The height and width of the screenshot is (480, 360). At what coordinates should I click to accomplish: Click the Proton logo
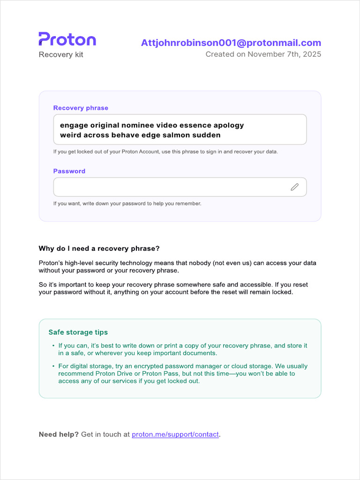pyautogui.click(x=67, y=39)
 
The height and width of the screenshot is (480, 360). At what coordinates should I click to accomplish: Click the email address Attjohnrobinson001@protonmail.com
pyautogui.click(x=231, y=43)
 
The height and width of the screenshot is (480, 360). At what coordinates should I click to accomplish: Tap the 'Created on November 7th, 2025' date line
pyautogui.click(x=263, y=54)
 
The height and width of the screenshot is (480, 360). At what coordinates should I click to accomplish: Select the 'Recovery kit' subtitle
pyautogui.click(x=61, y=54)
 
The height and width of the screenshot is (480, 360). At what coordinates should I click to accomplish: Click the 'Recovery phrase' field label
pyautogui.click(x=81, y=108)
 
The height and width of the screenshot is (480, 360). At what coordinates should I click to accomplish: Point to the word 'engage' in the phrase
pyautogui.click(x=74, y=125)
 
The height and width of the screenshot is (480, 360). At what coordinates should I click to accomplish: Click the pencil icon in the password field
pyautogui.click(x=294, y=187)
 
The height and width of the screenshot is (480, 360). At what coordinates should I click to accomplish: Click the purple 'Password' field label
pyautogui.click(x=69, y=171)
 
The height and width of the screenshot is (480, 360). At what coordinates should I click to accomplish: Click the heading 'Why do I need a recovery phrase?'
pyautogui.click(x=99, y=248)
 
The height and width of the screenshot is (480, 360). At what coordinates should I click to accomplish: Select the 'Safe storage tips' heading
pyautogui.click(x=78, y=332)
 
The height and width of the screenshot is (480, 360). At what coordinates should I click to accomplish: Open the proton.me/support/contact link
pyautogui.click(x=175, y=435)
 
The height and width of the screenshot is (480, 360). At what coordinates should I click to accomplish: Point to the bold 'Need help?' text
pyautogui.click(x=59, y=435)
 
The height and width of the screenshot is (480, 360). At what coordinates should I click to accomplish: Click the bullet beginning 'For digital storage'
pyautogui.click(x=183, y=374)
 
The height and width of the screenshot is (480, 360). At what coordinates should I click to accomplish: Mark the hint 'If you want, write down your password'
pyautogui.click(x=127, y=203)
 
